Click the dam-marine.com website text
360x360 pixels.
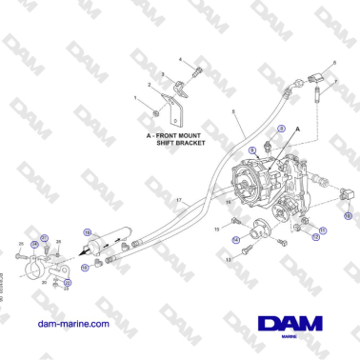pyautogui.click(x=71, y=324)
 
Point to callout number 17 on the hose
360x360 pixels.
pyautogui.click(x=178, y=199)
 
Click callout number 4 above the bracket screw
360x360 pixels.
pyautogui.click(x=181, y=59)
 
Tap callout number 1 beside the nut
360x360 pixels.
pyautogui.click(x=135, y=98)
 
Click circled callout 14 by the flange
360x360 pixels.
pyautogui.click(x=236, y=239)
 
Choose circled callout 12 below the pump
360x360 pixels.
pyautogui.click(x=315, y=237)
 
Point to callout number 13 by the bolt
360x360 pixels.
pyautogui.click(x=229, y=259)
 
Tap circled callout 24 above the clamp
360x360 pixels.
pyautogui.click(x=35, y=244)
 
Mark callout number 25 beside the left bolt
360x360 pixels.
pyautogui.click(x=22, y=244)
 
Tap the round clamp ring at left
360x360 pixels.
pyautogui.click(x=32, y=270)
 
